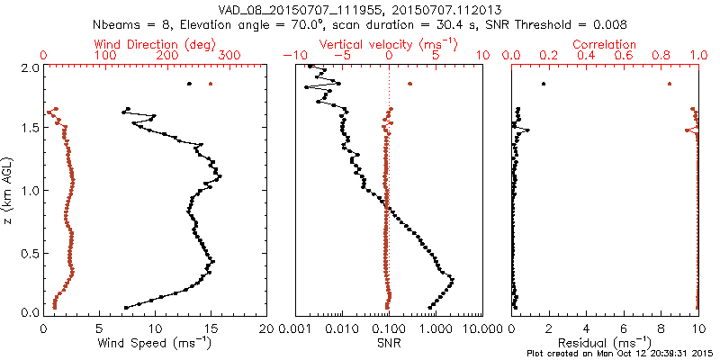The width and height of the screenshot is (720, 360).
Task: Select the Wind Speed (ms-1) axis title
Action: (x=156, y=343)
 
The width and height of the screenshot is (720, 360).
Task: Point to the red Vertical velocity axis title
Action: (x=388, y=44)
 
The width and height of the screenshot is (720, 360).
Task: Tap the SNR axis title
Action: (x=388, y=343)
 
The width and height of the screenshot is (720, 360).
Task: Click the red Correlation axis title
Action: (x=605, y=44)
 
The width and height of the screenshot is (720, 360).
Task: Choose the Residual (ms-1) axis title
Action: (x=605, y=343)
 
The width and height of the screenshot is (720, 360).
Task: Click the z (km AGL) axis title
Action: (x=8, y=190)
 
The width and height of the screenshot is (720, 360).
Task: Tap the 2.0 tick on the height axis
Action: (x=31, y=67)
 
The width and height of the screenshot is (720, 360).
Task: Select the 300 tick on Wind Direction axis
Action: (x=229, y=56)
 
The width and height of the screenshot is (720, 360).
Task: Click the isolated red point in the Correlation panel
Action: (x=669, y=84)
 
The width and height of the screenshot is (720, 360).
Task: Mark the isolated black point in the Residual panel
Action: (x=544, y=84)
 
